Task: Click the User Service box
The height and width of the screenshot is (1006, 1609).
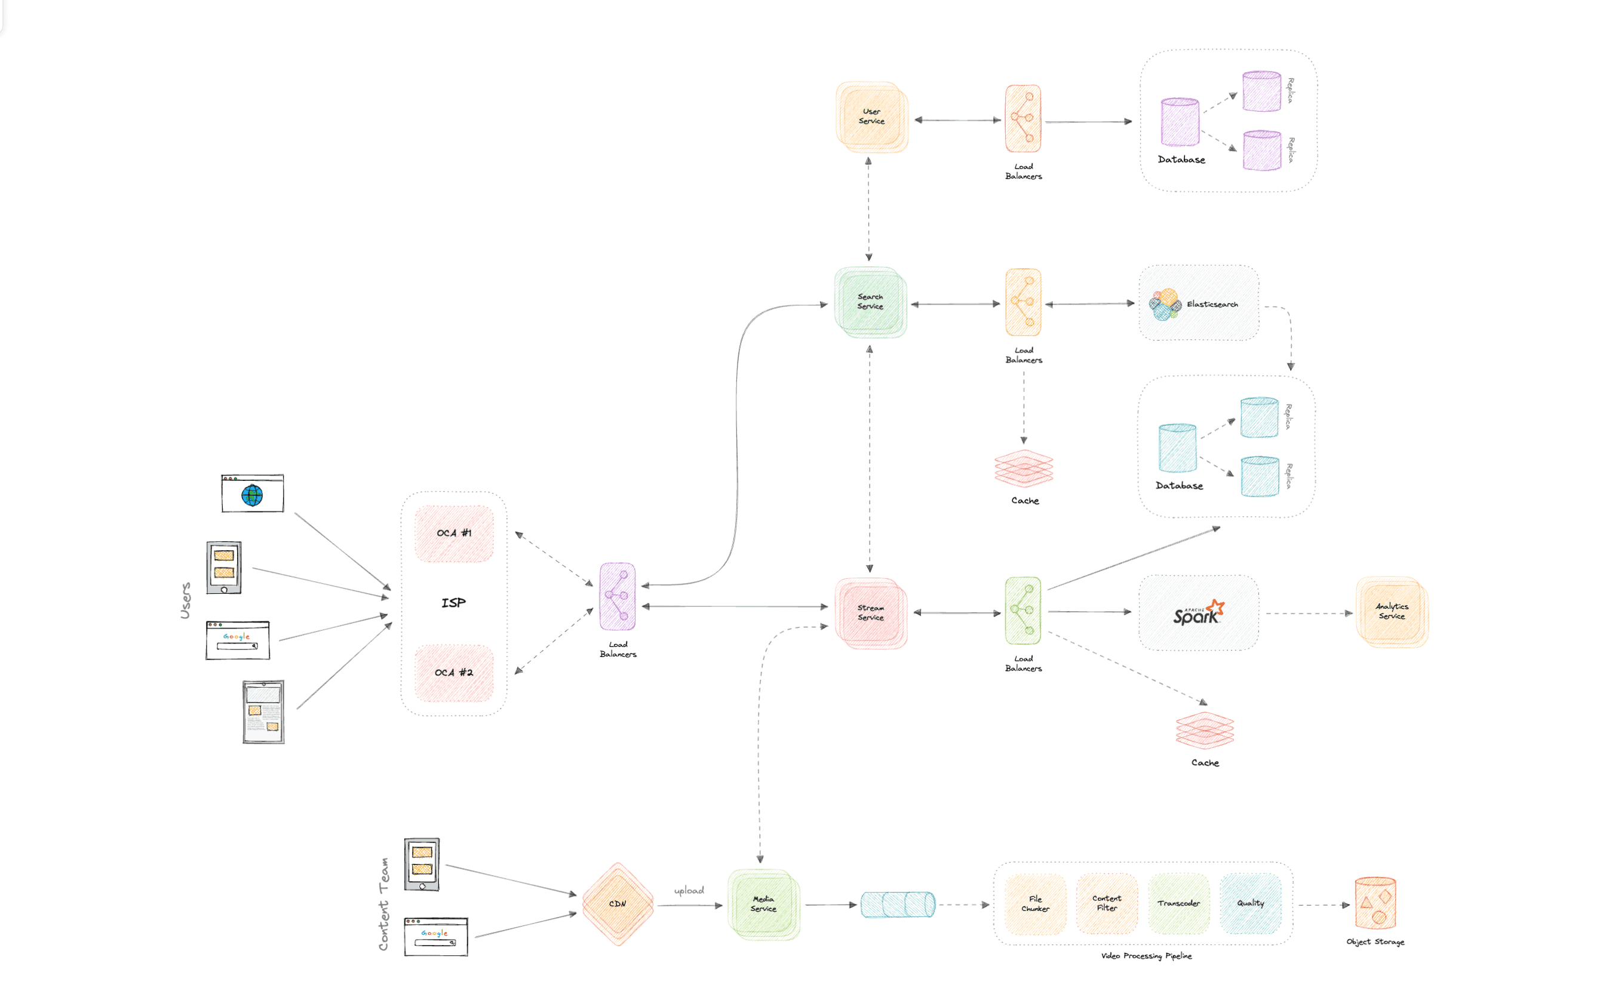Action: click(x=871, y=117)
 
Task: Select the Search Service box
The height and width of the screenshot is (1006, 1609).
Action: click(x=870, y=302)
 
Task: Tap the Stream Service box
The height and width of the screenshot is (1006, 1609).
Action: click(x=871, y=613)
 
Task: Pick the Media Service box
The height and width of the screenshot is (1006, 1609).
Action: click(x=763, y=904)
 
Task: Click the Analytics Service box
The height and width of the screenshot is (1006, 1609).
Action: click(x=1392, y=612)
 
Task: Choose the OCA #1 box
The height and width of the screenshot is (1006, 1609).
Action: click(x=455, y=533)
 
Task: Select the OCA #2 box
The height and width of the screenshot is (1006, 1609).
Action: click(x=455, y=673)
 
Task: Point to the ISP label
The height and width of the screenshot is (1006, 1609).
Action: click(x=454, y=603)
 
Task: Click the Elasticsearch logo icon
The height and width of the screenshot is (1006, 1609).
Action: click(x=1165, y=304)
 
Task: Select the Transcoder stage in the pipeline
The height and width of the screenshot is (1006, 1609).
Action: click(x=1178, y=903)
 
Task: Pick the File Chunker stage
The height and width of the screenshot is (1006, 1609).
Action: click(x=1036, y=903)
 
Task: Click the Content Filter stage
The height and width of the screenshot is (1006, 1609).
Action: click(x=1107, y=903)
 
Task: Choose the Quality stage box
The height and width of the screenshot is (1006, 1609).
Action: click(x=1251, y=903)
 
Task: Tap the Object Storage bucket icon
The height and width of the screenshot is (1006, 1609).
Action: click(x=1375, y=903)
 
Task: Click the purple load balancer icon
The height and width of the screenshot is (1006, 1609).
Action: click(x=617, y=596)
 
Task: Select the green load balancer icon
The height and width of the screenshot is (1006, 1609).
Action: click(x=1023, y=611)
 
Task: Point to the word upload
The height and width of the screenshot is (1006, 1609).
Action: click(x=689, y=890)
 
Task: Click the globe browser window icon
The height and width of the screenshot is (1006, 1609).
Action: click(x=253, y=493)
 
